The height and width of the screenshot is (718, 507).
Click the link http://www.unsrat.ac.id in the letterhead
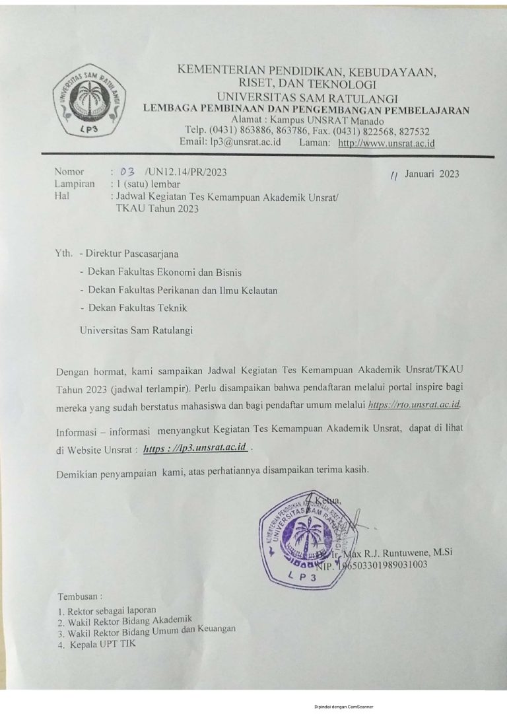386,142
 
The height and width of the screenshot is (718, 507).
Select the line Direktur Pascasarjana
132,253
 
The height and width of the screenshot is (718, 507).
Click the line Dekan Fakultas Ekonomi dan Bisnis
160,271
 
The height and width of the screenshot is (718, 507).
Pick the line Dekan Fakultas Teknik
133,307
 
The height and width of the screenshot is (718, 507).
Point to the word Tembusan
81,596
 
